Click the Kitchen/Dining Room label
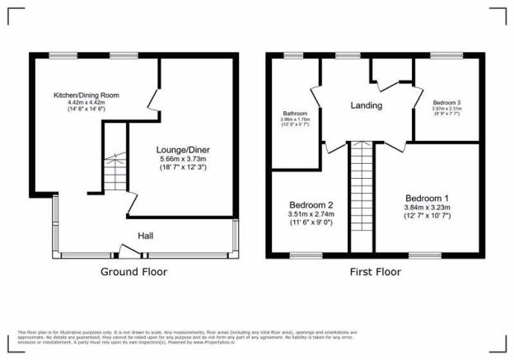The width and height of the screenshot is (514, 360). pos(86,96)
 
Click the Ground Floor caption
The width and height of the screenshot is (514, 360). pos(133,271)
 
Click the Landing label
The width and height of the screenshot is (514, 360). pos(366,106)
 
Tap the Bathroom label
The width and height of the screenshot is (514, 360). pos(294,113)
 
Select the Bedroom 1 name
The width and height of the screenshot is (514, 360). pos(427,199)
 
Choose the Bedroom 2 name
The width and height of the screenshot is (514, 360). pos(311,204)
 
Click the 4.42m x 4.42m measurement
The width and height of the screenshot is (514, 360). pos(86,103)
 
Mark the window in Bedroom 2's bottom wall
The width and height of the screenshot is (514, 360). pos(305,255)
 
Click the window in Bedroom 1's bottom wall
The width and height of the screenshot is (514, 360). pos(426,255)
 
